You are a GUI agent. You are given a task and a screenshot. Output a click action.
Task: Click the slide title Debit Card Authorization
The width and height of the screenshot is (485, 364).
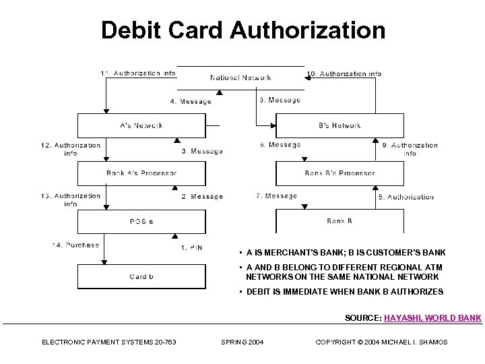(x=243, y=30)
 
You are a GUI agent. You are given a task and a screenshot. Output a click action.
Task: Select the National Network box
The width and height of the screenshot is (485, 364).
(x=240, y=78)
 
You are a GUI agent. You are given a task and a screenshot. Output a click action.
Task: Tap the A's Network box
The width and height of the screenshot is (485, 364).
(x=141, y=125)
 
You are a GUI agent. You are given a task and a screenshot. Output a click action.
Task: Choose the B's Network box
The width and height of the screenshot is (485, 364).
(x=339, y=125)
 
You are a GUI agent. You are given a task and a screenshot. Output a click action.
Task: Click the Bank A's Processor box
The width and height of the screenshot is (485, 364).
(x=141, y=173)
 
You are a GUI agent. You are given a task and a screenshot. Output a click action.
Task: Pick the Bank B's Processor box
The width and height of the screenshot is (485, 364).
(x=339, y=173)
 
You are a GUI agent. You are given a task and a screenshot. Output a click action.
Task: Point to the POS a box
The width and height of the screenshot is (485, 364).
(x=141, y=221)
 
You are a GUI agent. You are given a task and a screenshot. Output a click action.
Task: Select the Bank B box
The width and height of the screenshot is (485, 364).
(x=339, y=221)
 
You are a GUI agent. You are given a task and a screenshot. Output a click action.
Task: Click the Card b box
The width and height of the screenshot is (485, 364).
(x=141, y=276)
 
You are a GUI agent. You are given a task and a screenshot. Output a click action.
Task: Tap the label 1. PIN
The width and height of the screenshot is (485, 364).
(x=191, y=248)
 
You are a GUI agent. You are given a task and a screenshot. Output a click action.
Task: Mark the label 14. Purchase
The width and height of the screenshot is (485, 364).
(x=75, y=245)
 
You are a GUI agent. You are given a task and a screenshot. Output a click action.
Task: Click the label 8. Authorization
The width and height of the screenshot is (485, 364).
(x=406, y=197)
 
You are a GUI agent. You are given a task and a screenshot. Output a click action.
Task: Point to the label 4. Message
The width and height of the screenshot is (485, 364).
(x=190, y=102)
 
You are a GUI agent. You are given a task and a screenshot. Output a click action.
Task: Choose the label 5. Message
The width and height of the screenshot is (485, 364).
(x=280, y=100)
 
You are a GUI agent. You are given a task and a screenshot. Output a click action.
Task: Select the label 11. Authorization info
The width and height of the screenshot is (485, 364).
(x=138, y=73)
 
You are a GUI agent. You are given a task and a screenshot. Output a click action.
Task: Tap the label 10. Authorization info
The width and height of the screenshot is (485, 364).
(x=344, y=73)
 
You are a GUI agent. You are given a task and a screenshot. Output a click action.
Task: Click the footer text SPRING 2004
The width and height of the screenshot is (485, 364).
(x=243, y=342)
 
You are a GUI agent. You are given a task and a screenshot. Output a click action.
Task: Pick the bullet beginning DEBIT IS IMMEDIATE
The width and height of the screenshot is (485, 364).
(x=344, y=292)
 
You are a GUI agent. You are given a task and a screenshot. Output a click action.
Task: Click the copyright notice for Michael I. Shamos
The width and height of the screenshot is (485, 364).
(x=381, y=342)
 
